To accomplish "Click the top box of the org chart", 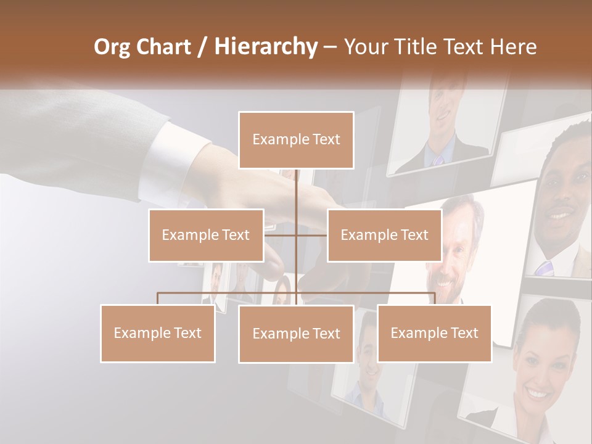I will click(296, 140).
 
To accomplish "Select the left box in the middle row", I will click(206, 235).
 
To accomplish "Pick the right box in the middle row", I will click(384, 235).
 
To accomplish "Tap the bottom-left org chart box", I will click(157, 333).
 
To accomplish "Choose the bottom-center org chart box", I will click(296, 334).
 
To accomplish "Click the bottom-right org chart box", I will click(434, 333).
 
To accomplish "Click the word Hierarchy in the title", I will click(265, 47).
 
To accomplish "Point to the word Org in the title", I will click(113, 47).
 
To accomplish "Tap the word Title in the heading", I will click(421, 47).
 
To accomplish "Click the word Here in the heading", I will click(513, 47).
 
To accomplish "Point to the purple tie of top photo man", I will click(438, 160).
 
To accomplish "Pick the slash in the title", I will click(202, 47).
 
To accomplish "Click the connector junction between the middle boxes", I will click(297, 234).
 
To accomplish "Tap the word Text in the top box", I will click(326, 139).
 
